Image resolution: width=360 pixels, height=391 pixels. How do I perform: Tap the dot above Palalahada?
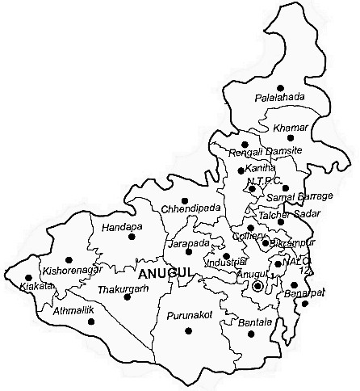click(280, 87)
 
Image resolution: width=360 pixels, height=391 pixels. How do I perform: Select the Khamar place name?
click(291, 128)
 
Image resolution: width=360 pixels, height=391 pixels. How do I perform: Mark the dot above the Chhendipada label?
click(185, 200)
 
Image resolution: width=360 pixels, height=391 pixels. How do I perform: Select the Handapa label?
click(119, 228)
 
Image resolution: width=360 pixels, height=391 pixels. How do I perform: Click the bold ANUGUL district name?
click(166, 275)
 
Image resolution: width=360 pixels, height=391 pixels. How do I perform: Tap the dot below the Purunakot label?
click(188, 330)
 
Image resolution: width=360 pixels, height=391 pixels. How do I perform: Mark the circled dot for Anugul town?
click(257, 286)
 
